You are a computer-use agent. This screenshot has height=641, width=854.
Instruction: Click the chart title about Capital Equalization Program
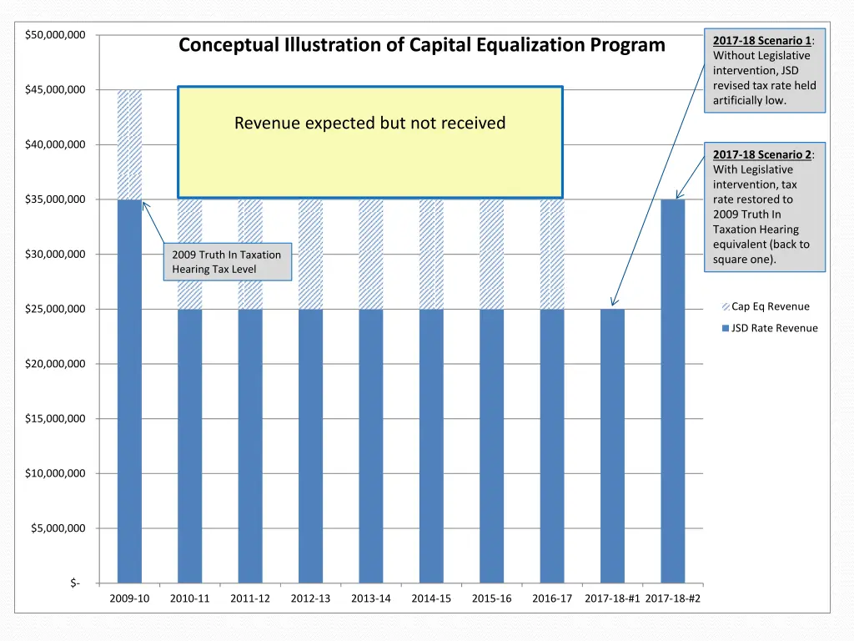tap(421, 45)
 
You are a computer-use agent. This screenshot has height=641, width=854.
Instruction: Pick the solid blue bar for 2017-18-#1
tap(612, 446)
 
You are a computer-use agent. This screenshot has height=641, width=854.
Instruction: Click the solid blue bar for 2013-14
tap(371, 446)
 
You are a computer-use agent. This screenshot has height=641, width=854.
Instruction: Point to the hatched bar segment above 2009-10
tap(129, 144)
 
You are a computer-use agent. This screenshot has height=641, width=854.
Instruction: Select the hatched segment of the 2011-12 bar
tap(250, 254)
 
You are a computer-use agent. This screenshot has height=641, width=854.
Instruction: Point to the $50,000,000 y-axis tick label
tap(55, 35)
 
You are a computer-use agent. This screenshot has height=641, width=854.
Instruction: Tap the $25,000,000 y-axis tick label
tap(55, 310)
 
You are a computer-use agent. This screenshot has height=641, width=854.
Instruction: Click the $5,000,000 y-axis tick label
tap(58, 528)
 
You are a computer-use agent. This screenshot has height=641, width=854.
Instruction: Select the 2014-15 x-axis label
tap(431, 598)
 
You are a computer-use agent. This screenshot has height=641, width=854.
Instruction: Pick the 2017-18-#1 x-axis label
tap(612, 598)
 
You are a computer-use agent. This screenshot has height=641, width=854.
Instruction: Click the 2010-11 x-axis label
tap(190, 598)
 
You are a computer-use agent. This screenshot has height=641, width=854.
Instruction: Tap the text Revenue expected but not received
tap(369, 124)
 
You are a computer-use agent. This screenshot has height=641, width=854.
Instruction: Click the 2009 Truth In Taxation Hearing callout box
tap(227, 262)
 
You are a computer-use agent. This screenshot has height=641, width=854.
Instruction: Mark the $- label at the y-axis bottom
tap(75, 583)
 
